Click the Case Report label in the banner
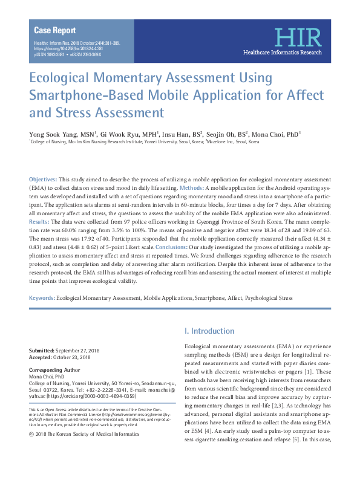pos(55,30)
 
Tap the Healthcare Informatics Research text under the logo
pos(282,53)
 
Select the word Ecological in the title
pos(64,79)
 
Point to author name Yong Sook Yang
pos(53,134)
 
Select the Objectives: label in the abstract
pos(43,180)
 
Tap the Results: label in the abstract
pos(40,222)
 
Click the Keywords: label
pos(42,298)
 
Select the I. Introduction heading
pos(209,331)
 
